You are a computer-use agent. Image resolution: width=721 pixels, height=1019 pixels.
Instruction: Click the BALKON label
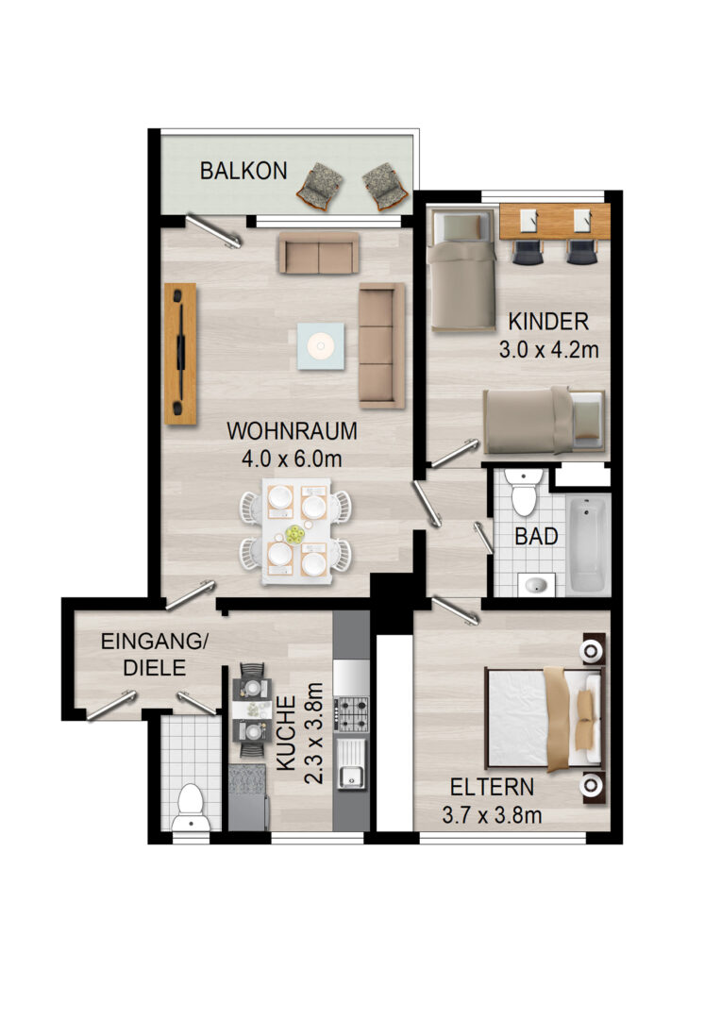point(243,170)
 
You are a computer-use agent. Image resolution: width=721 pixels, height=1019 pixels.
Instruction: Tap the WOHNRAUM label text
point(292,430)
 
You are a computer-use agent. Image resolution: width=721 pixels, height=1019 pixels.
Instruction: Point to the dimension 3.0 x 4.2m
point(548,350)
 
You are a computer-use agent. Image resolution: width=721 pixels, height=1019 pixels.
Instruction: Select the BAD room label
point(536,536)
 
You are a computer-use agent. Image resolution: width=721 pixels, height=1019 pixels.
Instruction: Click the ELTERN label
point(493,787)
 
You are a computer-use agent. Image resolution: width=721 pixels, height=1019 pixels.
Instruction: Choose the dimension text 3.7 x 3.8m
point(493,815)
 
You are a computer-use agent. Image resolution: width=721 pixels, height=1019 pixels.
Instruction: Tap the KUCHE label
point(287,733)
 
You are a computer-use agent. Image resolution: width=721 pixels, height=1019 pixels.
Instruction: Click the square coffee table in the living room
point(321,346)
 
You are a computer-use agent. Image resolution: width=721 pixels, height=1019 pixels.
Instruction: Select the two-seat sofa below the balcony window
point(319,253)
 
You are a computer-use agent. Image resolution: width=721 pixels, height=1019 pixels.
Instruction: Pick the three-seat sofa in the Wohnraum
point(382,345)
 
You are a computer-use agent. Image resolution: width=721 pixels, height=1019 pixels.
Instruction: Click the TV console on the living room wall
point(180,354)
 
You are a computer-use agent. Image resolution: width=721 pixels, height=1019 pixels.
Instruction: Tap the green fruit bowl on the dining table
point(295,534)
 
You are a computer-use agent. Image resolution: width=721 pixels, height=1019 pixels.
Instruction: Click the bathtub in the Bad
point(588,544)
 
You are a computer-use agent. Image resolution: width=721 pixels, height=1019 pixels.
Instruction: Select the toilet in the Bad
point(524,492)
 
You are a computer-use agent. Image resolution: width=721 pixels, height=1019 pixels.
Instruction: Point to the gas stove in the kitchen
point(351,713)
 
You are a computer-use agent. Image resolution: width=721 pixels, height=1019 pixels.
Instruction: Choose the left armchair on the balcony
point(321,185)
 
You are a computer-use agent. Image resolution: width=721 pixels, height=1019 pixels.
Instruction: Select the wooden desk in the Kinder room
point(555,221)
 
